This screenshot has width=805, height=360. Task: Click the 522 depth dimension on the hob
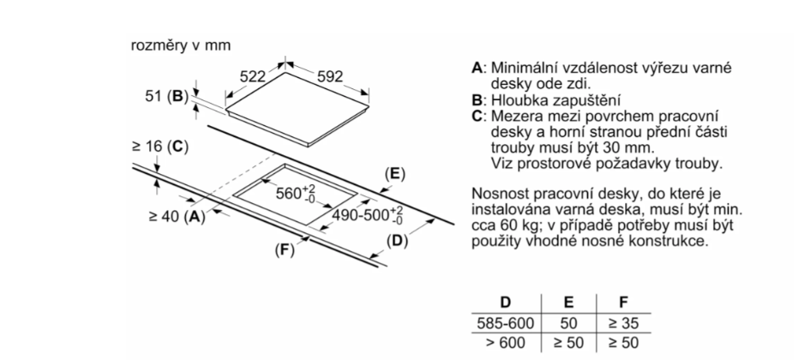(x=253, y=77)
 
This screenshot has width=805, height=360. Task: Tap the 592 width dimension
(x=329, y=77)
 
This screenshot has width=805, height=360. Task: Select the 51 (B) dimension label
(x=167, y=96)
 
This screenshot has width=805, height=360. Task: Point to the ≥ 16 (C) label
(x=160, y=147)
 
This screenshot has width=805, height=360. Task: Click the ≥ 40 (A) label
(x=177, y=217)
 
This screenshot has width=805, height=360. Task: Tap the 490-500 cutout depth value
(x=367, y=214)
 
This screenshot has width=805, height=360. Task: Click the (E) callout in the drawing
(x=395, y=174)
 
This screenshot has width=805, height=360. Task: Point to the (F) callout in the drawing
(x=285, y=250)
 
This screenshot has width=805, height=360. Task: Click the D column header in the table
(x=506, y=302)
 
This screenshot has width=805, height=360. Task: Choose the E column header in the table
(x=568, y=302)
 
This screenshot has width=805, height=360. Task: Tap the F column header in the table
(x=624, y=302)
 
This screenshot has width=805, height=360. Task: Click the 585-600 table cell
(x=506, y=323)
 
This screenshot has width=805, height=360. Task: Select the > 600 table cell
(x=506, y=343)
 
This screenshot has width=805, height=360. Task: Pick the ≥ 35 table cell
(x=624, y=323)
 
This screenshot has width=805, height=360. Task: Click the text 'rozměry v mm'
(x=181, y=45)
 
